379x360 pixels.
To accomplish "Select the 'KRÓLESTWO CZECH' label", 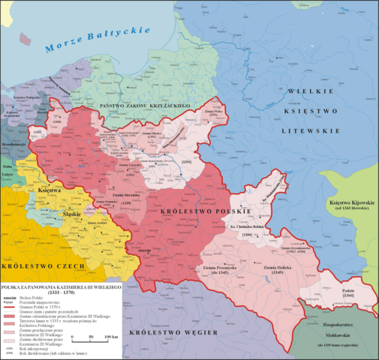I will click(33, 266).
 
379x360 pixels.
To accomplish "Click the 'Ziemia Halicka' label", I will click(269, 263).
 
